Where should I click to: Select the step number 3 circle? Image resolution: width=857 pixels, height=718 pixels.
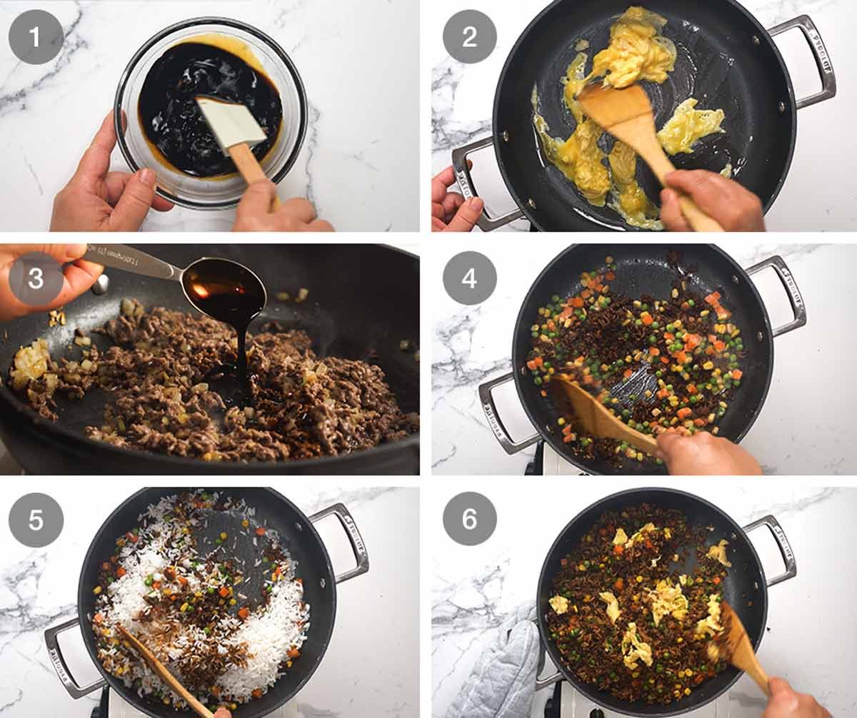click(x=36, y=278)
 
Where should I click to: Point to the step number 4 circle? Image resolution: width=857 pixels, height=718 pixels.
click(x=470, y=278)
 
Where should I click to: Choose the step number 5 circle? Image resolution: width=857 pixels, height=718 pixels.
click(x=36, y=520)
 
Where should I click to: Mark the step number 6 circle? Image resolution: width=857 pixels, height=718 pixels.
click(x=470, y=520)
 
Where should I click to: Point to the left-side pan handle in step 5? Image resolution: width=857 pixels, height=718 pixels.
click(x=68, y=657)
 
